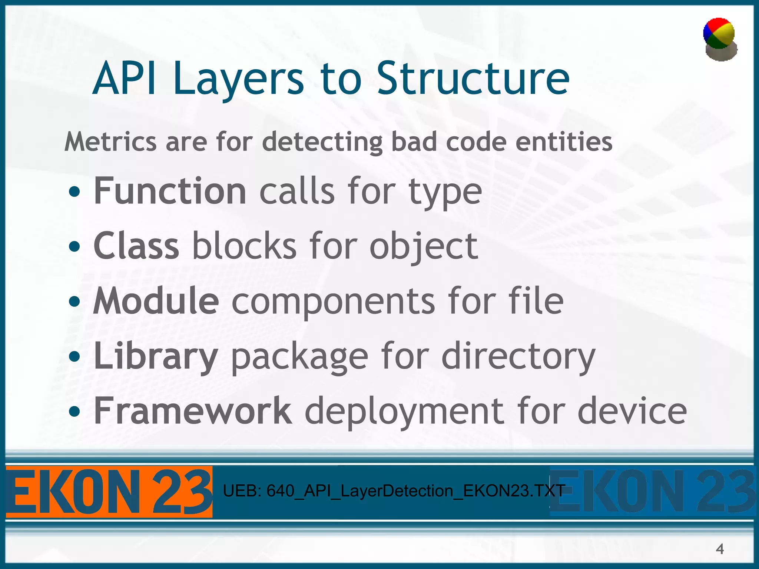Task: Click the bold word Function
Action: tap(170, 191)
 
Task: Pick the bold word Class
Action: tap(136, 246)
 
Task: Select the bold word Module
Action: tap(156, 301)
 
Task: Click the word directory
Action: tap(518, 356)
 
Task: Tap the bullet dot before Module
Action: tap(74, 302)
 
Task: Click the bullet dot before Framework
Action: tap(74, 411)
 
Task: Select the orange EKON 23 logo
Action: tap(109, 492)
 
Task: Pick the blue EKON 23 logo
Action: tap(652, 492)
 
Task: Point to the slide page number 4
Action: tap(720, 549)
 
